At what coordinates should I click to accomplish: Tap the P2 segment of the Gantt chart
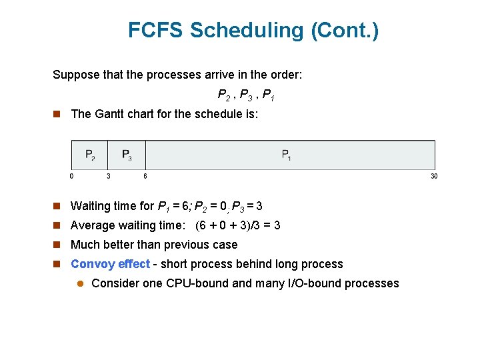coord(90,155)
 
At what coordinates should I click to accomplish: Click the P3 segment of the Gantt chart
coord(127,155)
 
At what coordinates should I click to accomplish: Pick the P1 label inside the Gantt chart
coord(286,155)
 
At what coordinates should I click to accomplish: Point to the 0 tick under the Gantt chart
coord(72,176)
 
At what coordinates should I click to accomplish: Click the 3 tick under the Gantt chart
coord(109,176)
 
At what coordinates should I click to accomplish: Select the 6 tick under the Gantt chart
coord(145,176)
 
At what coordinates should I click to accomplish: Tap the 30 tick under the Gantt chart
coord(434,176)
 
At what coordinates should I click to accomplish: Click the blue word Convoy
coord(91,264)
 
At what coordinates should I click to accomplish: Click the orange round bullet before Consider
coord(79,283)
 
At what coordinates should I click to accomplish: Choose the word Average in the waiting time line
coord(93,225)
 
